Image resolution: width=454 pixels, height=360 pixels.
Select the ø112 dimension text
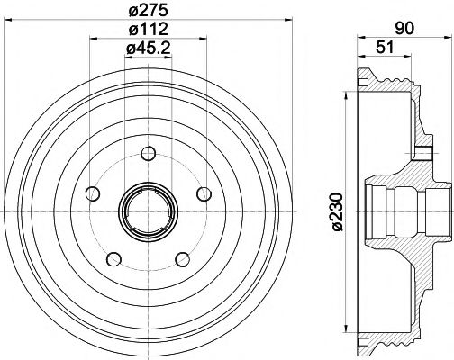(x=148, y=31)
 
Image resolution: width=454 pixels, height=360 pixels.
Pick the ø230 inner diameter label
(x=336, y=212)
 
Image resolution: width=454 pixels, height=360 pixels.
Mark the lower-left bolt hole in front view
(x=113, y=259)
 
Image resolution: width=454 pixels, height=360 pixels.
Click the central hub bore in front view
(x=147, y=212)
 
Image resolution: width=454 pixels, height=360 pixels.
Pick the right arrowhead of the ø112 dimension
(x=206, y=40)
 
